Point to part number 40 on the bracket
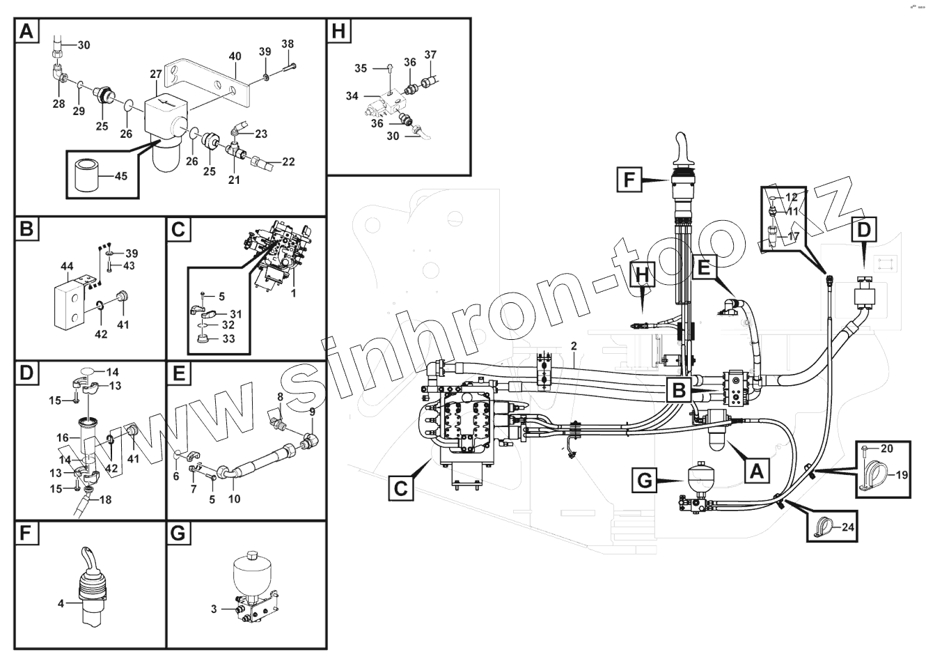coord(235,56)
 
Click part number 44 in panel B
coord(68,267)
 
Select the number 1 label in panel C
coord(293,293)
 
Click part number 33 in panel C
coord(228,339)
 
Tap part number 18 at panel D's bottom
coord(106,499)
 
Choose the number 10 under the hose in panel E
coord(234,499)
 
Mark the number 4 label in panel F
coord(61,604)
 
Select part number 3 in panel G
coord(214,609)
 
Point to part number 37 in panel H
coord(430,55)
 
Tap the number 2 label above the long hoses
coord(574,345)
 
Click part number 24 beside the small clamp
coord(847,527)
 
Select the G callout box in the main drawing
coord(645,481)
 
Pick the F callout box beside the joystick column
coord(629,181)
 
